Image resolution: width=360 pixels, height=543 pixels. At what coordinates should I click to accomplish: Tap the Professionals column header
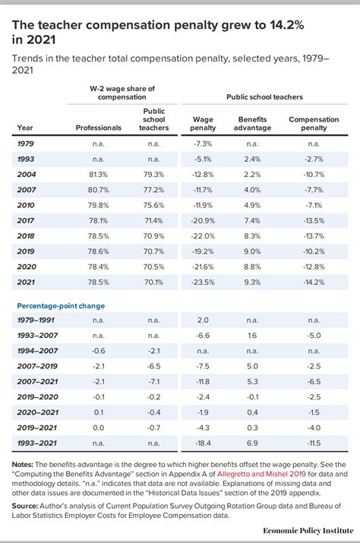click(x=99, y=128)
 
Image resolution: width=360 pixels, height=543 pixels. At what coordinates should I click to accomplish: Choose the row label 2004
click(x=25, y=175)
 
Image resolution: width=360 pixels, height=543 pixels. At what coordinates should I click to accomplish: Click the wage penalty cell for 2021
click(x=203, y=283)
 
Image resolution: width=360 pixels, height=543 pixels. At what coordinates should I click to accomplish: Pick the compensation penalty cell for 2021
click(x=314, y=283)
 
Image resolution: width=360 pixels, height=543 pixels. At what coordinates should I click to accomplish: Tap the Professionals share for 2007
click(x=99, y=191)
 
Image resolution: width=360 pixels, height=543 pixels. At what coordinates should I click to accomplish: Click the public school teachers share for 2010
click(x=154, y=205)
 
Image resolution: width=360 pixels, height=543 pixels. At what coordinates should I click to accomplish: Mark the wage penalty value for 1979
click(x=203, y=144)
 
